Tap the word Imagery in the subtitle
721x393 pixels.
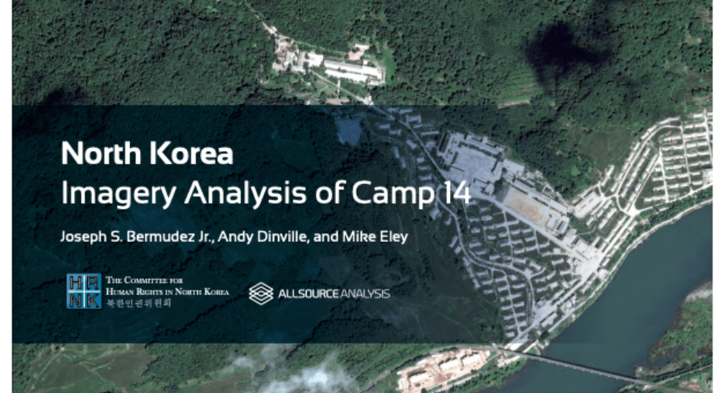pos(119,193)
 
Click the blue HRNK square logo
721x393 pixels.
pos(84,291)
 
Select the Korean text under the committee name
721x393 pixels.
pos(139,303)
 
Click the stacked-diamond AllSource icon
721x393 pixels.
pos(260,294)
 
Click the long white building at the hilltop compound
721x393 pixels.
pos(353,70)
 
